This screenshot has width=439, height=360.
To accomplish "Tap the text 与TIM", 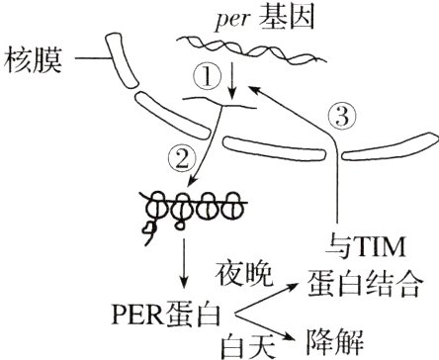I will [367, 241].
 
